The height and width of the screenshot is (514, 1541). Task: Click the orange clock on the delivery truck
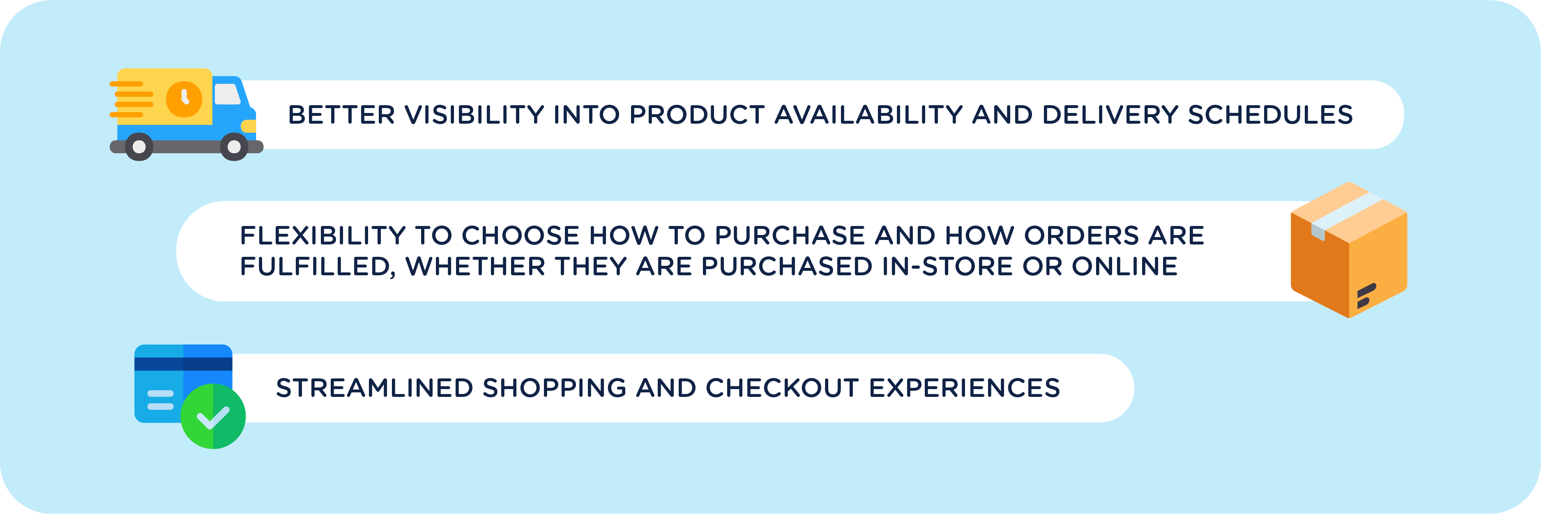point(184,99)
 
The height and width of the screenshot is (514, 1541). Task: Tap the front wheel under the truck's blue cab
point(234,147)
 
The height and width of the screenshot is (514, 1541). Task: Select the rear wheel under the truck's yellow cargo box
point(139,147)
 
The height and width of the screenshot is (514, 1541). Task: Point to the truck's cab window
point(227,94)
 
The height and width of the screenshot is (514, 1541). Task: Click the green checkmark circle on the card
point(213,417)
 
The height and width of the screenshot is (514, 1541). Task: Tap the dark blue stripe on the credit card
point(183,364)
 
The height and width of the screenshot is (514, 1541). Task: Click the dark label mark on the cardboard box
point(1366,295)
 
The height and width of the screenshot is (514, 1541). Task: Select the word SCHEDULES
point(1270,115)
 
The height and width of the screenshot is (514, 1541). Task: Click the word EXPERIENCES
point(964,388)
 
